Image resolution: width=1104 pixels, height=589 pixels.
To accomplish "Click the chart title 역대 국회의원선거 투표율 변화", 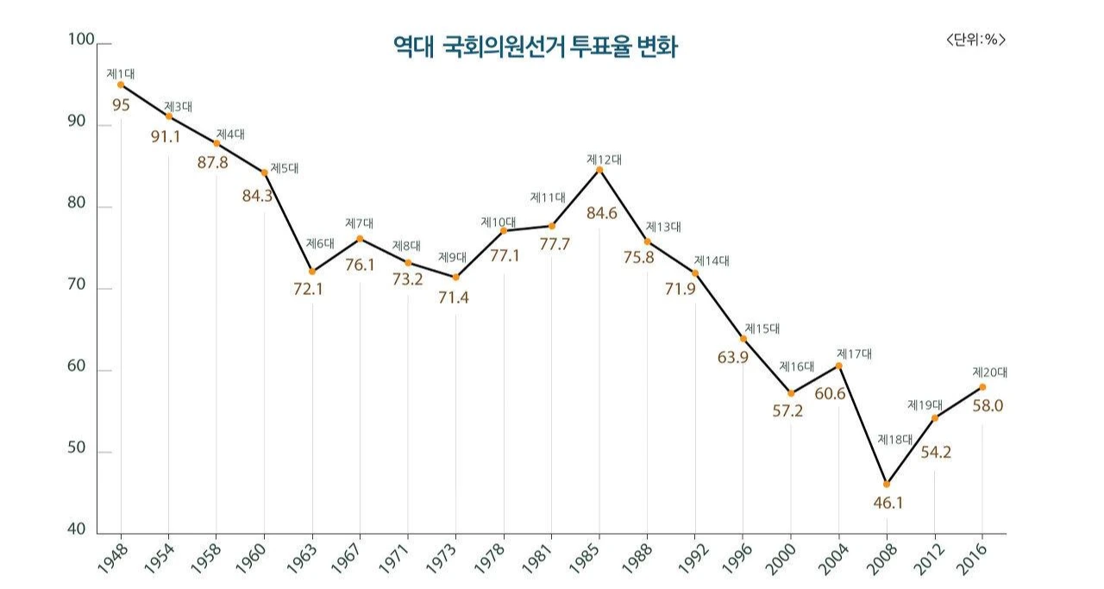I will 535,47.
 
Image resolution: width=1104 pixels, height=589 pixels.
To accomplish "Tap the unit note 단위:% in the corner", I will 975,39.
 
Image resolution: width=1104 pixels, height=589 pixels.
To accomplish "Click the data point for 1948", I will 121,85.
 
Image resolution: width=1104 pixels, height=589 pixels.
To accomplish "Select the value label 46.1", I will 887,503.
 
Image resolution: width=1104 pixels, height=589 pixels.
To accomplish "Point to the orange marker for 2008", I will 887,484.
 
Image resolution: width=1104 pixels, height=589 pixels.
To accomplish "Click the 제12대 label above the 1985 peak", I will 604,159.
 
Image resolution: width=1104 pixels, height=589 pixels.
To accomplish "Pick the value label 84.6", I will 601,214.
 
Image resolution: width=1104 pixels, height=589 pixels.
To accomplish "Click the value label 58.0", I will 988,405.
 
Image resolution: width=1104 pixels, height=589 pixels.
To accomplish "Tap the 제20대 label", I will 990,373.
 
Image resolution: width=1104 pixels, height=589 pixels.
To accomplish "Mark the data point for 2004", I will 838,366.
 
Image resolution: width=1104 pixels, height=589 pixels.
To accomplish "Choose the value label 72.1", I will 308,289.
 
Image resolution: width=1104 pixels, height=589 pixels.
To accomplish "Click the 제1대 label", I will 121,74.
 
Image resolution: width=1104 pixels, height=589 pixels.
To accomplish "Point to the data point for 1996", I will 743,339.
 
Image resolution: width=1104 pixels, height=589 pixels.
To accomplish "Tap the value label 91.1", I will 166,136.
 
